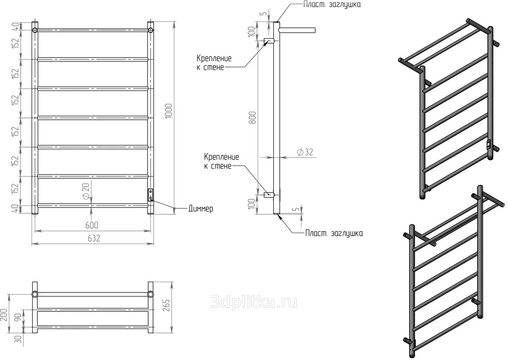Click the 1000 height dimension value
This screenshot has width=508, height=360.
coord(169,111)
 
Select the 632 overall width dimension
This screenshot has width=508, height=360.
coord(94,238)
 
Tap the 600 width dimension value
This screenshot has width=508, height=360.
coord(92,225)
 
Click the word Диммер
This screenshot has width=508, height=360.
coord(201,208)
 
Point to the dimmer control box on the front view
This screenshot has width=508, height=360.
coord(151,195)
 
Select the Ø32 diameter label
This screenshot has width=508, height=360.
coord(305,152)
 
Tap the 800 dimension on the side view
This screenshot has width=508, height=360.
coord(253,117)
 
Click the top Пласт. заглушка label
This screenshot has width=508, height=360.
coord(332,4)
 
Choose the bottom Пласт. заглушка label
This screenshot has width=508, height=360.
coord(334,233)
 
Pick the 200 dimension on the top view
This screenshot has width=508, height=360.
coord(4,315)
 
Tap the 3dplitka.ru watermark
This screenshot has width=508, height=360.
coord(254,302)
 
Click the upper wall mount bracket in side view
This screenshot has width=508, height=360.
coord(269,41)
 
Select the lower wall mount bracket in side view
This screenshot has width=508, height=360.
coord(269,195)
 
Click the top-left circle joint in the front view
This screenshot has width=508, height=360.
coord(35,31)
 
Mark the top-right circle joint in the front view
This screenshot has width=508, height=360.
coord(151,31)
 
